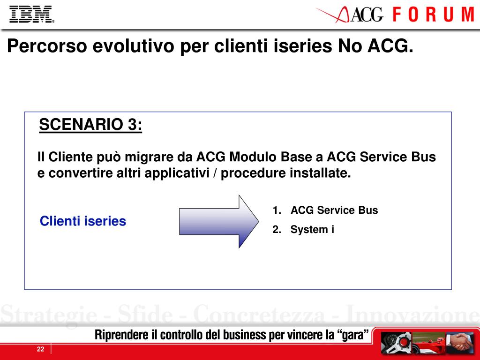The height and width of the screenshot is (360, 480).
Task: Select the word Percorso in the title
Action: coord(47,46)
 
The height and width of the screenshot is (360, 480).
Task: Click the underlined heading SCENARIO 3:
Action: coord(90,125)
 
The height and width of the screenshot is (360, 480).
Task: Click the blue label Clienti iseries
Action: coord(83,221)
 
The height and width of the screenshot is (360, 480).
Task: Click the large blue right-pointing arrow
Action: coord(218,221)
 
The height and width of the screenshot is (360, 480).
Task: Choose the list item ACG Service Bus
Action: coord(334,210)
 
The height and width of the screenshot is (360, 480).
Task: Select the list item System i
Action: coord(312,229)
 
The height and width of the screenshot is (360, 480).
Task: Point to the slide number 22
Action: coord(40,349)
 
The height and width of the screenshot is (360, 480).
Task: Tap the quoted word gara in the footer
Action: coord(352,335)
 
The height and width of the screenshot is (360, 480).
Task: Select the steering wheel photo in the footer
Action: coord(396,342)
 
